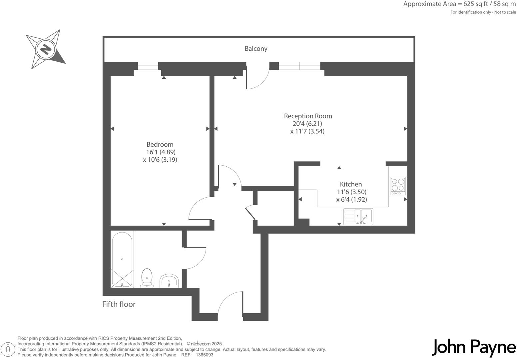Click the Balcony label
(x=256, y=49)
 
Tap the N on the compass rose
(x=46, y=49)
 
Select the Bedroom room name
(x=160, y=144)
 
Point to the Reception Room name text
(x=308, y=116)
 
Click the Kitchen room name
(x=351, y=184)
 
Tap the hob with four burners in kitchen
(x=398, y=186)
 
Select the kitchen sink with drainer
(x=358, y=217)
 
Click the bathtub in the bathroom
(x=122, y=260)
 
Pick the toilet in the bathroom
(x=147, y=278)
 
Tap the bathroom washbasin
(x=169, y=281)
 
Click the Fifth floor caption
(x=119, y=304)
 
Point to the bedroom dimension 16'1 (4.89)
(x=161, y=152)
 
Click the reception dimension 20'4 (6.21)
(x=307, y=124)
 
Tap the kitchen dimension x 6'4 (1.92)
(x=351, y=199)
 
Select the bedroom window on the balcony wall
(x=148, y=66)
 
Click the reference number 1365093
(x=205, y=355)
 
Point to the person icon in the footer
(x=8, y=349)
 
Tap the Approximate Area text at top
(x=459, y=4)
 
